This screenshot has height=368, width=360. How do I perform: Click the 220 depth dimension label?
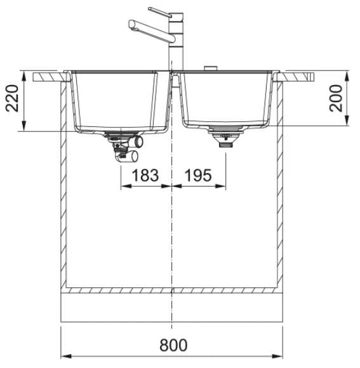[x=12, y=98]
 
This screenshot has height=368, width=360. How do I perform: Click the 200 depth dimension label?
[x=336, y=98]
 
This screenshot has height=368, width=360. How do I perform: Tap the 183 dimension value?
[x=145, y=175]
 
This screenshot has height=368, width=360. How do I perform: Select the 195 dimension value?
[x=198, y=175]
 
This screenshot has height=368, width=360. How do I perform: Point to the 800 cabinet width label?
[x=173, y=345]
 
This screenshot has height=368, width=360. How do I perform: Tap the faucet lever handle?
[x=160, y=12]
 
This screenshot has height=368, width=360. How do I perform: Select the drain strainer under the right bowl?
[x=225, y=136]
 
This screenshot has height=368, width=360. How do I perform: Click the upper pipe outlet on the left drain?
[x=139, y=141]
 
